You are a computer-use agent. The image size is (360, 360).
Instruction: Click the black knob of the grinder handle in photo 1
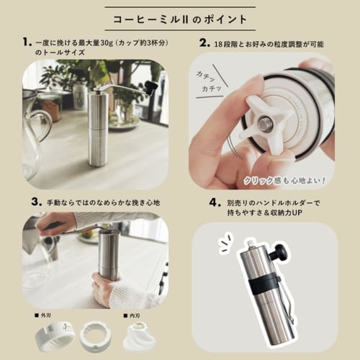coord(151,88)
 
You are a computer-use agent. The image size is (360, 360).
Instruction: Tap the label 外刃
coord(46,315)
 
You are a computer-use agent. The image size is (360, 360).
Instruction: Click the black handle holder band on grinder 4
coord(266,278)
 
